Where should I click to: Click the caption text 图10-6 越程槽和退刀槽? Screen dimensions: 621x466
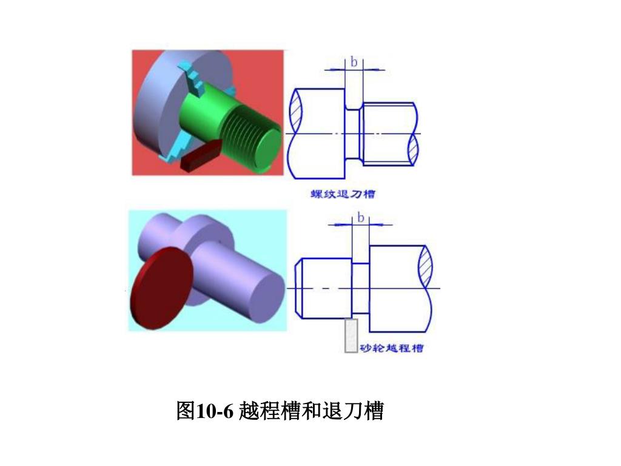coord(280,411)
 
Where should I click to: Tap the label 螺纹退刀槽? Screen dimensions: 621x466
coord(342,194)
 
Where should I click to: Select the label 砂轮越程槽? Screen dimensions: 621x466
coord(392,348)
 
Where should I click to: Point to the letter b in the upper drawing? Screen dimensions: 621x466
coord(354,61)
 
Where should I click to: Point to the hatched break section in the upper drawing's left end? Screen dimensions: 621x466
coord(295,112)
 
